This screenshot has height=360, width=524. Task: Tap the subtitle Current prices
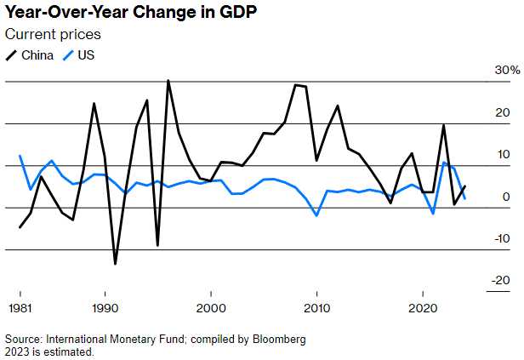click(x=53, y=35)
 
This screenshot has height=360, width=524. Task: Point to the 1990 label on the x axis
click(x=105, y=306)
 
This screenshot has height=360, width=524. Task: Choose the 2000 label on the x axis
click(x=211, y=306)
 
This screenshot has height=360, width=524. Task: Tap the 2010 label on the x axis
click(x=317, y=306)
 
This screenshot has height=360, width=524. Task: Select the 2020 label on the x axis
click(x=424, y=306)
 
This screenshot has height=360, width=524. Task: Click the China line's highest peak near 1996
click(x=168, y=81)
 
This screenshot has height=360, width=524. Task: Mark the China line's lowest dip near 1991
click(x=115, y=264)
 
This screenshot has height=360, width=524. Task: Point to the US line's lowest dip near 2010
click(x=316, y=215)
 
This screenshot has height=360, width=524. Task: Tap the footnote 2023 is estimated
click(x=49, y=351)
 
